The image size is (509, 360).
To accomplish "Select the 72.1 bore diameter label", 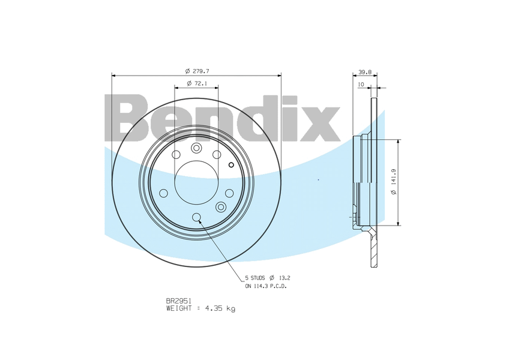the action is (197, 83).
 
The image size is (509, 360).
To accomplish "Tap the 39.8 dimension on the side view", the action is (365, 72).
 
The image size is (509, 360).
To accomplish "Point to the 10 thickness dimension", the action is (361, 85).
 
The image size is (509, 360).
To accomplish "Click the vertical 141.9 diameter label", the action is (394, 182).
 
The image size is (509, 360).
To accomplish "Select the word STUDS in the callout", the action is (258, 278).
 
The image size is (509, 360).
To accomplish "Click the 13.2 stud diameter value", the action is (285, 278).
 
